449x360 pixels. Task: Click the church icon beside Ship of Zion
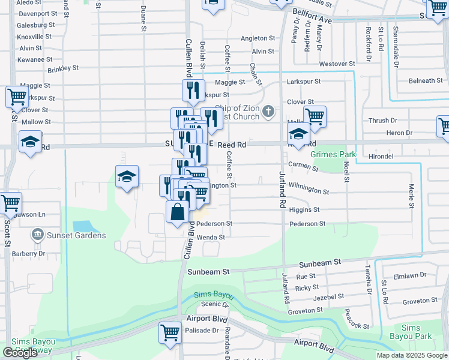[268, 111]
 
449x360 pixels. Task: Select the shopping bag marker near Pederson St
[177, 212]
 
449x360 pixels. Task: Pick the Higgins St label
[304, 210]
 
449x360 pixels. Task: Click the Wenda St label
[210, 237]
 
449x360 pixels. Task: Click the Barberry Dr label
[29, 254]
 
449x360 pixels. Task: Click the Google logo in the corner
[20, 353]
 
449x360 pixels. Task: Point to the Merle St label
[412, 197]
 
